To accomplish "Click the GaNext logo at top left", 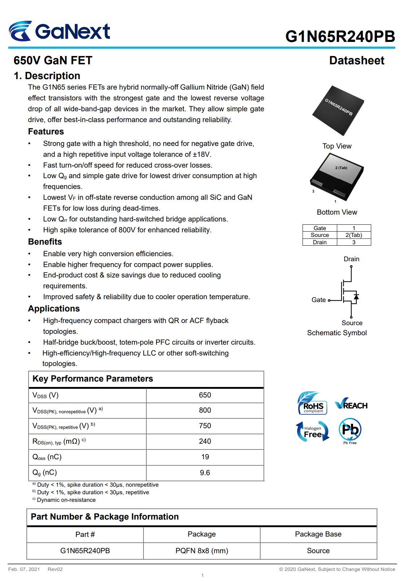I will (60, 31).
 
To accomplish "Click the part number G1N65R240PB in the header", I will (340, 36).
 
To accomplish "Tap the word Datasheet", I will (356, 61).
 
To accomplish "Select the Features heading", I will (46, 132).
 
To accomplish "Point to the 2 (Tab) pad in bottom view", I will (341, 168).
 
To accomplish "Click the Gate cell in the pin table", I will (320, 228).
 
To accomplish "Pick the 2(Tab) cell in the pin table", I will (354, 235).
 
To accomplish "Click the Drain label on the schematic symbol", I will (351, 259).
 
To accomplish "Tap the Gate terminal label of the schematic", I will (318, 300).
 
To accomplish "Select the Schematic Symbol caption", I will (337, 333).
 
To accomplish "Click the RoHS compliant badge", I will (312, 403).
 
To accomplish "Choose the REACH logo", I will (351, 404).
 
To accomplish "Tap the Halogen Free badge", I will (312, 431).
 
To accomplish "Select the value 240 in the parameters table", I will (205, 441).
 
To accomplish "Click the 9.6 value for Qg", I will (205, 473).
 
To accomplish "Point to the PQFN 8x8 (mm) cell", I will (202, 551).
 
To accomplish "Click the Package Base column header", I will (318, 534).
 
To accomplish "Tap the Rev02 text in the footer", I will (55, 569).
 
